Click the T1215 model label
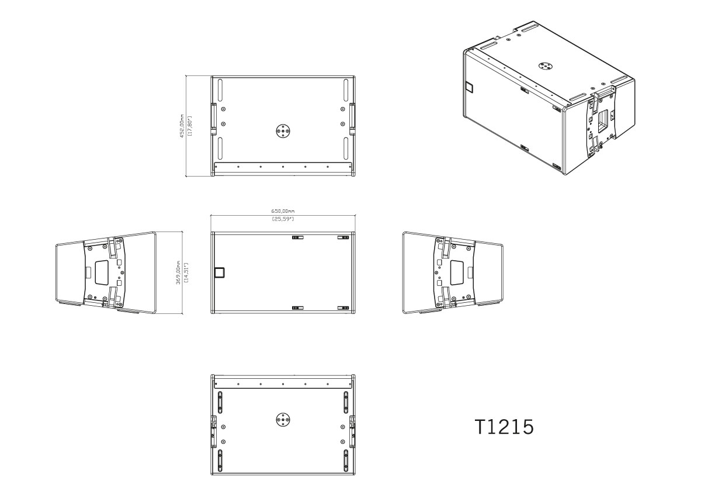pos(504,427)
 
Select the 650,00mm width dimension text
pos(283,212)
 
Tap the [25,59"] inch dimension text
pos(283,219)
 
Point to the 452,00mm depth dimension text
pos(182,126)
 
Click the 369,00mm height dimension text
pos(178,272)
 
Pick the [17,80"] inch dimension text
pos(189,126)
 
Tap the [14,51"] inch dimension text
pos(186,272)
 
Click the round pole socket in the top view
pos(283,130)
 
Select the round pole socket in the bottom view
pos(283,419)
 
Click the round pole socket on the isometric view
pos(546,66)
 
